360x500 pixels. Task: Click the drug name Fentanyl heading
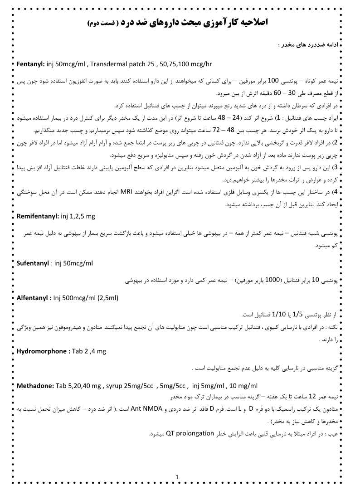click(x=30, y=64)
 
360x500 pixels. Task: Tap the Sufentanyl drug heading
click(x=33, y=263)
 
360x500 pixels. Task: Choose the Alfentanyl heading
click(x=32, y=298)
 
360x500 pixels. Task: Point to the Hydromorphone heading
click(x=43, y=351)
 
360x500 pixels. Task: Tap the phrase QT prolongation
click(x=190, y=433)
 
